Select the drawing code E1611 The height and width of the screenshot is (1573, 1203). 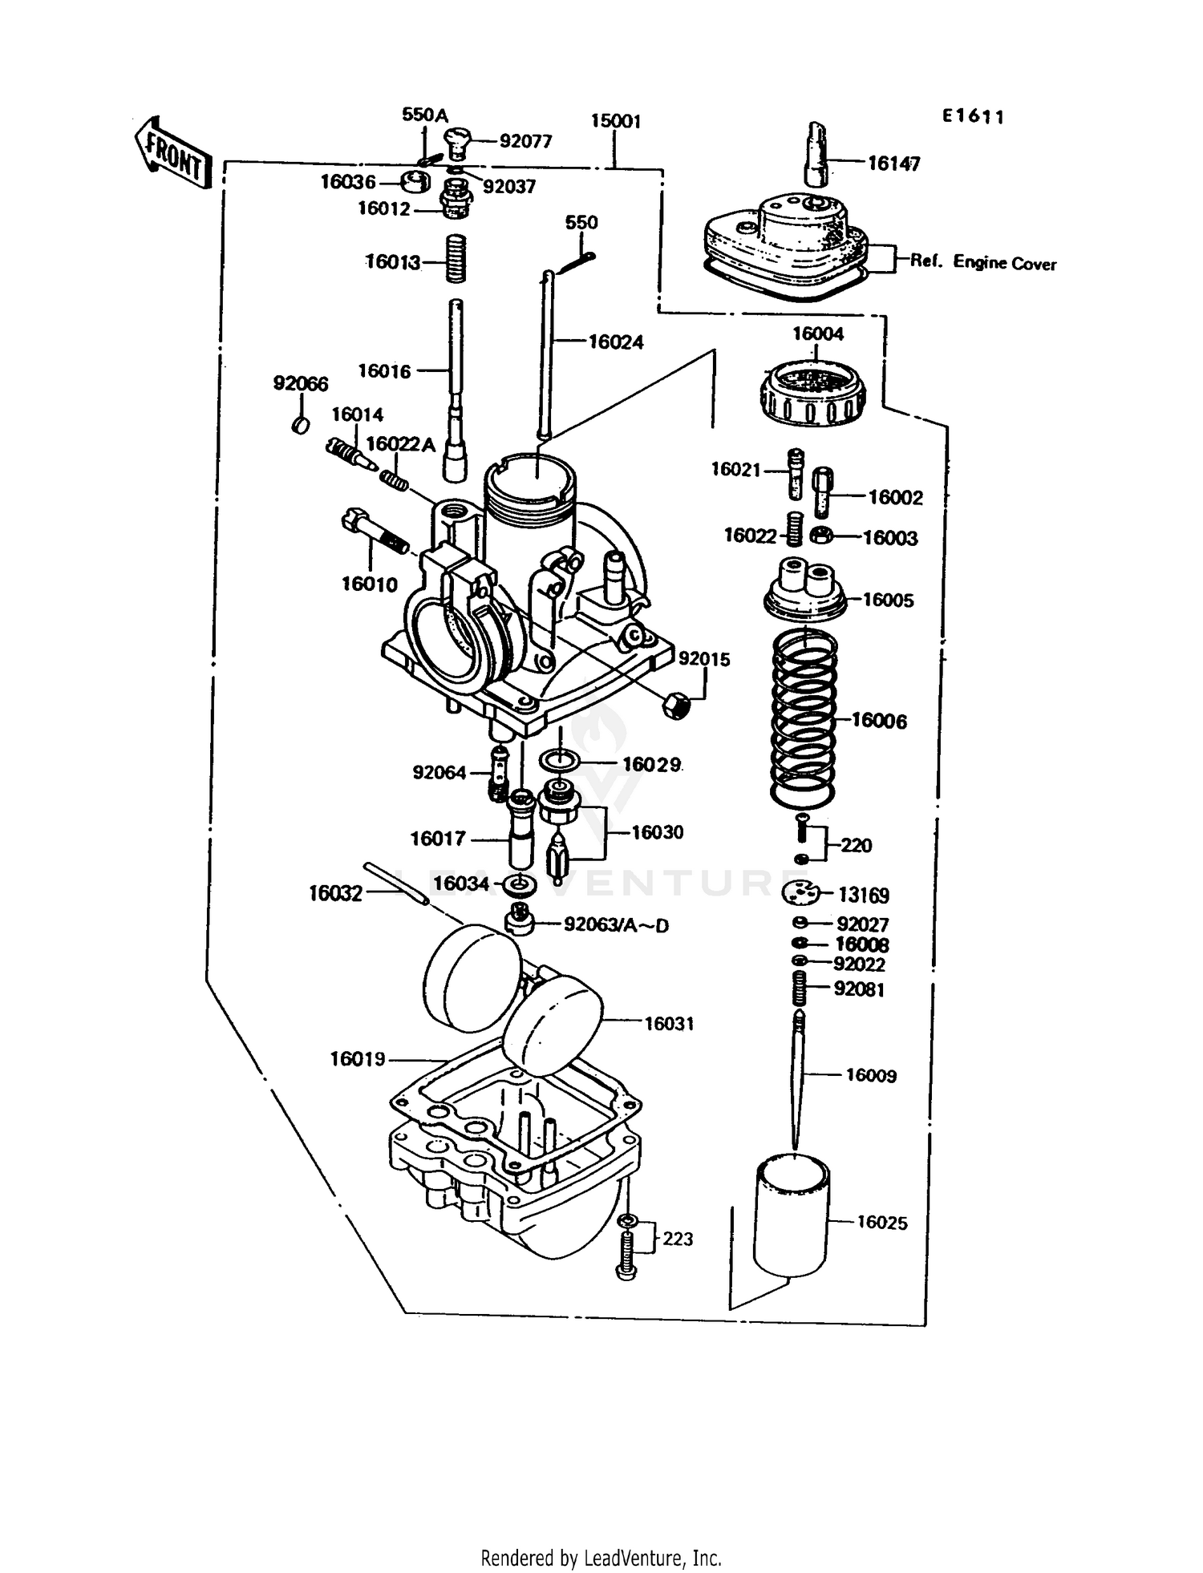coord(973,117)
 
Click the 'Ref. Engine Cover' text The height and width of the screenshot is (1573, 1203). coord(982,263)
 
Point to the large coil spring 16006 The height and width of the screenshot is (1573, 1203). coord(804,719)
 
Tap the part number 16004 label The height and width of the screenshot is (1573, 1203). coord(818,334)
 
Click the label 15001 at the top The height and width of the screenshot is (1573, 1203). coord(615,121)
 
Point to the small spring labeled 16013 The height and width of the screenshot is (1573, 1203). coord(456,257)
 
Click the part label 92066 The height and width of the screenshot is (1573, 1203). coord(301,384)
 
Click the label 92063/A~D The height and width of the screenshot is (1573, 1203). coord(616,925)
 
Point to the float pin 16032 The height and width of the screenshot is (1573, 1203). coord(396,883)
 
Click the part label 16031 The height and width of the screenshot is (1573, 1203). coord(669,1024)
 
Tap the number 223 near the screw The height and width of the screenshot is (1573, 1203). coord(678,1239)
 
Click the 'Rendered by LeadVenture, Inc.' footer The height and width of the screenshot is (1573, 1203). coord(601,1558)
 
